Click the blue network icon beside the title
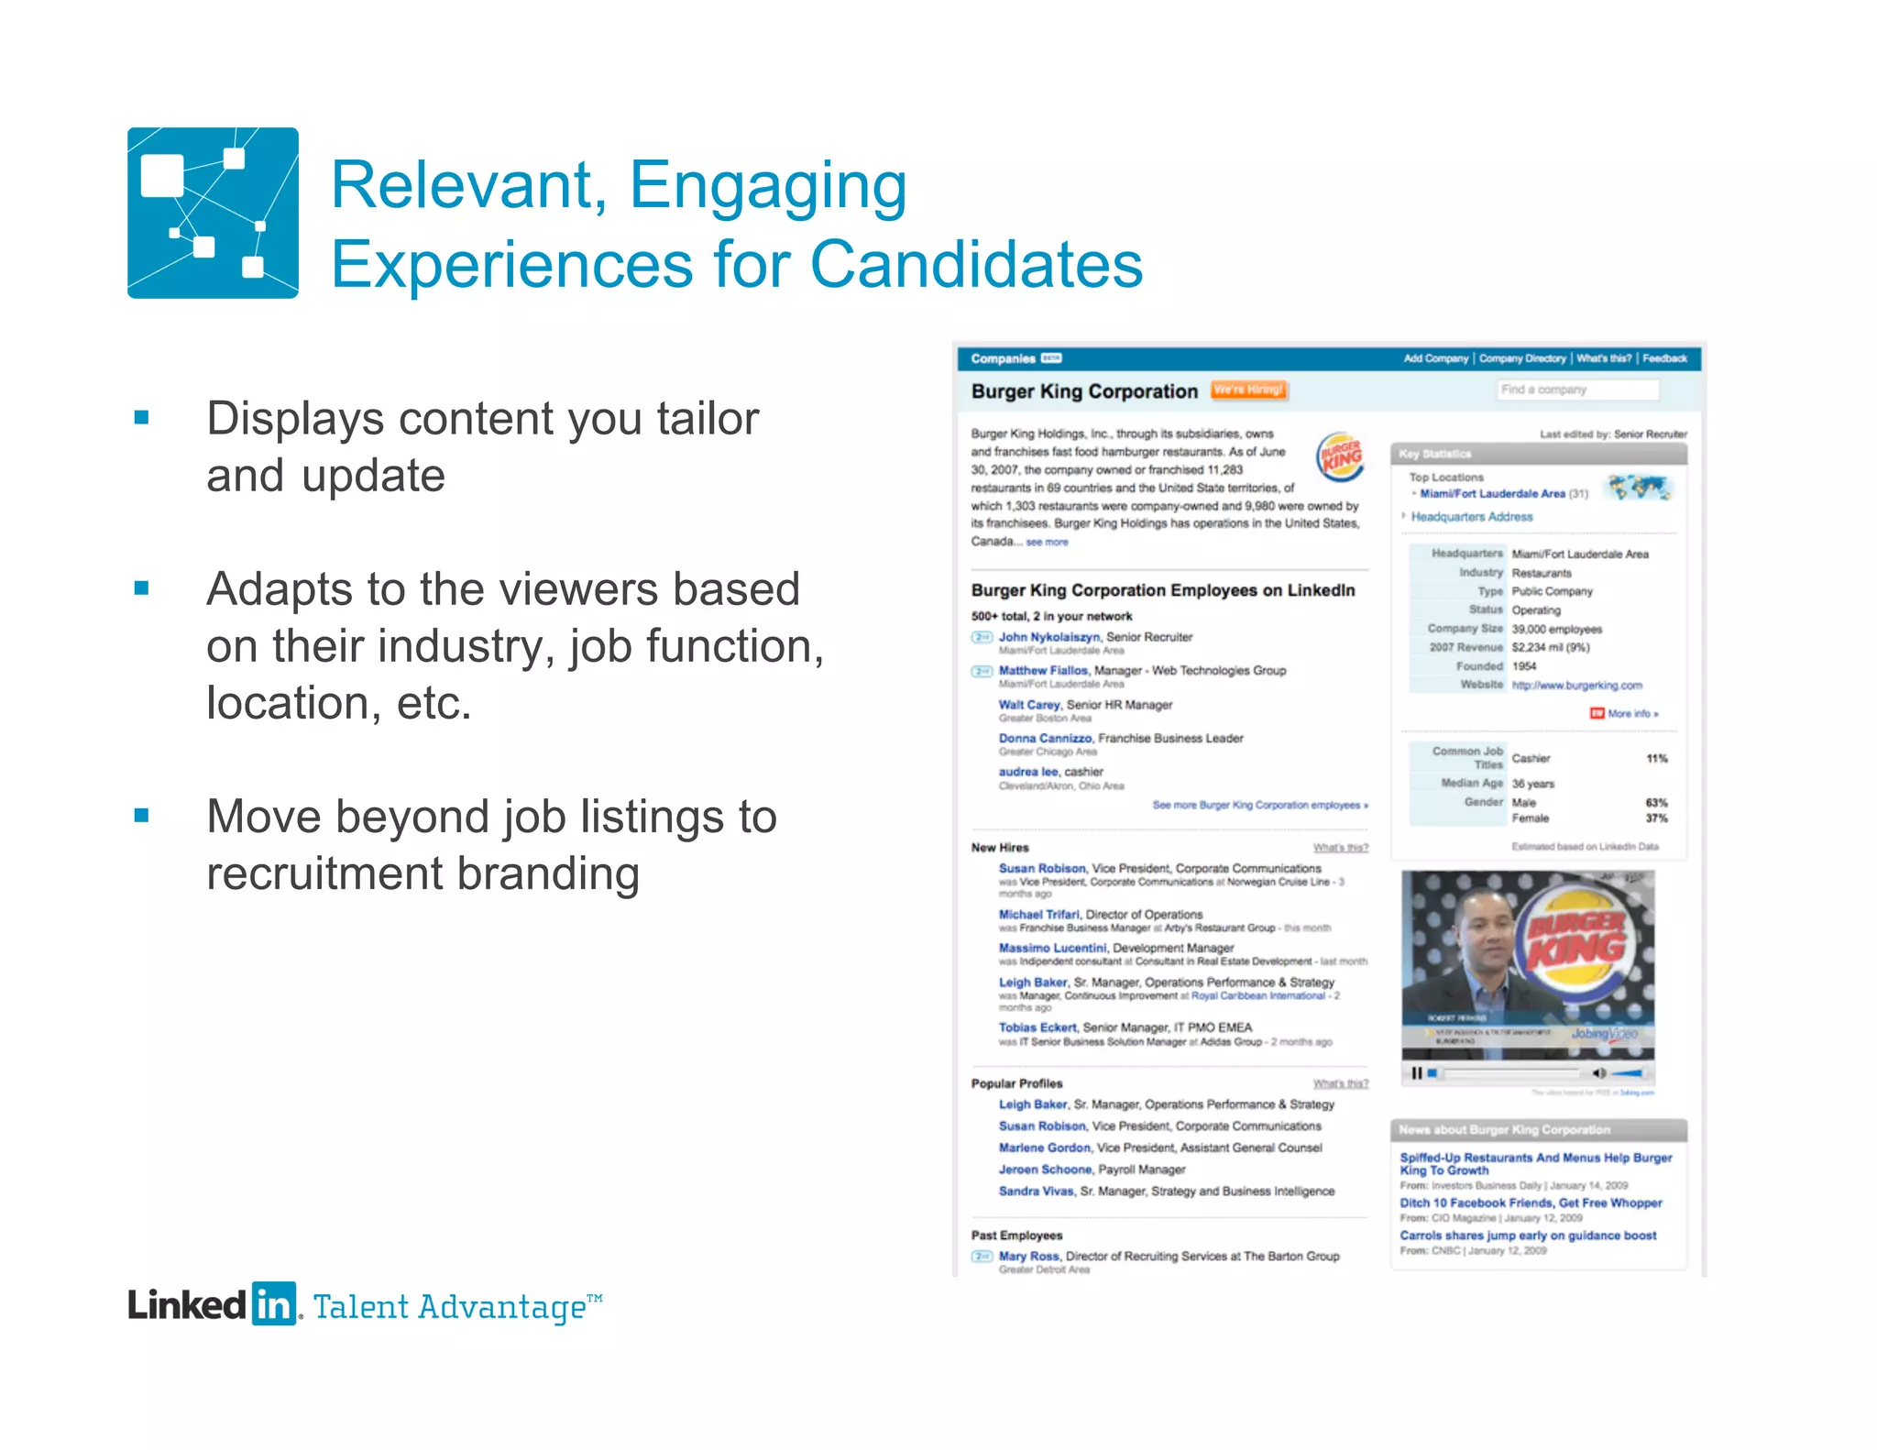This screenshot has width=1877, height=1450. pyautogui.click(x=213, y=213)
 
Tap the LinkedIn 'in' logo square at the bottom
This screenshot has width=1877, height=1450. pyautogui.click(x=274, y=1303)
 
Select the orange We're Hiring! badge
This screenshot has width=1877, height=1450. pyautogui.click(x=1248, y=390)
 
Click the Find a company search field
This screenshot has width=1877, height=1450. pyautogui.click(x=1577, y=390)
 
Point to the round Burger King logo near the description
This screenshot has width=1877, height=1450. pyautogui.click(x=1340, y=456)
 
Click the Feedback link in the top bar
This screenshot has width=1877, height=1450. pyautogui.click(x=1664, y=358)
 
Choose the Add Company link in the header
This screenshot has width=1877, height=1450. pyautogui.click(x=1435, y=358)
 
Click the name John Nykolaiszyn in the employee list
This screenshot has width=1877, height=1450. pyautogui.click(x=1048, y=637)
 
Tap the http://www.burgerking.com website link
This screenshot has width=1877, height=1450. pyautogui.click(x=1576, y=686)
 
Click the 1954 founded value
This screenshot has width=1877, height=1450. pyautogui.click(x=1524, y=666)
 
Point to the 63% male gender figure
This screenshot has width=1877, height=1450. pyautogui.click(x=1656, y=803)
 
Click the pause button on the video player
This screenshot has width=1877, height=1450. pyautogui.click(x=1417, y=1073)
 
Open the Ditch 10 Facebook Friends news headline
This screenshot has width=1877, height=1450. pyautogui.click(x=1531, y=1203)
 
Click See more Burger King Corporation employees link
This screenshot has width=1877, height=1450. pyautogui.click(x=1259, y=806)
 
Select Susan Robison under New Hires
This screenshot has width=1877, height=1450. pyautogui.click(x=1042, y=868)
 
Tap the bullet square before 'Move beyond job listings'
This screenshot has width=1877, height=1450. pyautogui.click(x=141, y=816)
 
